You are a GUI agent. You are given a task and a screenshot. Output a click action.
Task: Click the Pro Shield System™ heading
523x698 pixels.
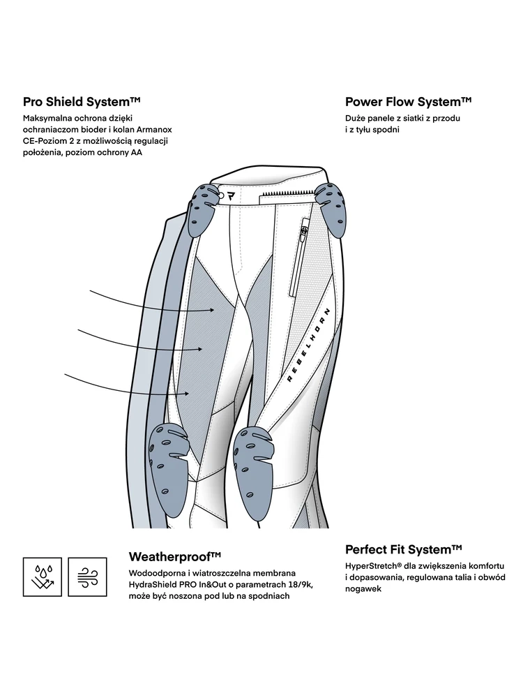(82, 102)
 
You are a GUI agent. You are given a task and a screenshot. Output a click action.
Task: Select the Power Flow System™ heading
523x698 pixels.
(408, 102)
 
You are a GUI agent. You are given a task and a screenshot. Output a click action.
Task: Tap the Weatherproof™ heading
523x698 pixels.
(175, 557)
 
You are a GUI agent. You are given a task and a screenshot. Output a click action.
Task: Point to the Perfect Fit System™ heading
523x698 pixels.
(403, 550)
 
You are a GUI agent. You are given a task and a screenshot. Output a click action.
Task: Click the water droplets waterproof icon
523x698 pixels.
(43, 577)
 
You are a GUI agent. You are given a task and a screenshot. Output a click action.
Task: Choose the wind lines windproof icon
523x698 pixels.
(87, 577)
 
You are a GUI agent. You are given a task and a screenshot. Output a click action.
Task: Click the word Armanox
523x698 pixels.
(151, 130)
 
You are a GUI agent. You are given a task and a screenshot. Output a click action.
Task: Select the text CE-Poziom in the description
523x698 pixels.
(43, 141)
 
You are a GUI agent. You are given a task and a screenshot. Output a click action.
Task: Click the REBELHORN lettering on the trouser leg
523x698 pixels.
(308, 345)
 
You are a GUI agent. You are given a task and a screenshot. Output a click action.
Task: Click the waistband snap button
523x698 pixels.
(221, 195)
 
